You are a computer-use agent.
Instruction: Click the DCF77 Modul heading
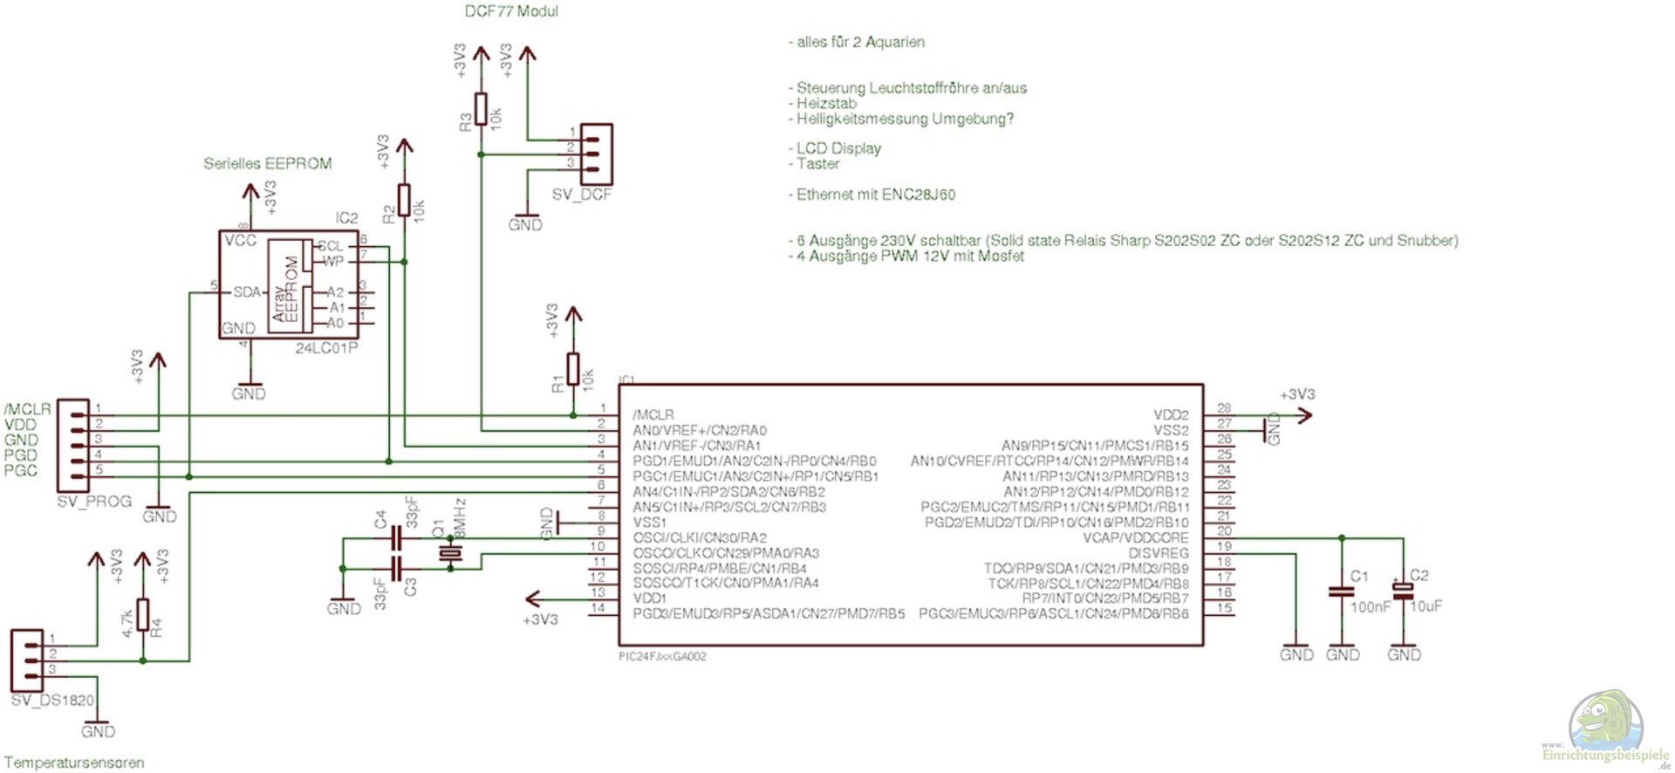click(510, 11)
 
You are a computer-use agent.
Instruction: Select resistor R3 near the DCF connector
click(481, 108)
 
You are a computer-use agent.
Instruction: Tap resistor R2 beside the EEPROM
click(403, 200)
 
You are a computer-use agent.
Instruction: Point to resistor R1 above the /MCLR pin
click(573, 369)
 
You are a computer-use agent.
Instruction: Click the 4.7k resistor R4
click(143, 615)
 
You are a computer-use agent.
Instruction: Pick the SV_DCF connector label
click(582, 195)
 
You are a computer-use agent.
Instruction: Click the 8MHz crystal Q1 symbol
click(450, 553)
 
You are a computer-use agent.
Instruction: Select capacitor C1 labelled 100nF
click(1341, 592)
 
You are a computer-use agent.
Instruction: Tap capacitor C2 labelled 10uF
click(1403, 591)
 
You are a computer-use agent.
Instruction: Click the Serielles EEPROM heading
click(267, 163)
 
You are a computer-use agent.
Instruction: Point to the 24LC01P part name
click(326, 348)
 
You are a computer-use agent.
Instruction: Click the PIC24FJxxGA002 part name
click(662, 656)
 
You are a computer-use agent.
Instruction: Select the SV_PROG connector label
click(94, 502)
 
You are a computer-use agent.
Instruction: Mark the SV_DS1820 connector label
click(52, 700)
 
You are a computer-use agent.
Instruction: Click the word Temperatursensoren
click(74, 763)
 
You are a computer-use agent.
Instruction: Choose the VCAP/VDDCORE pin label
click(1135, 537)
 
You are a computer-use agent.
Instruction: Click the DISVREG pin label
click(1158, 553)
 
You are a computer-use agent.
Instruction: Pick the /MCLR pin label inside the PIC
click(653, 414)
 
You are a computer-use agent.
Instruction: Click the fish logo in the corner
click(1605, 720)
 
